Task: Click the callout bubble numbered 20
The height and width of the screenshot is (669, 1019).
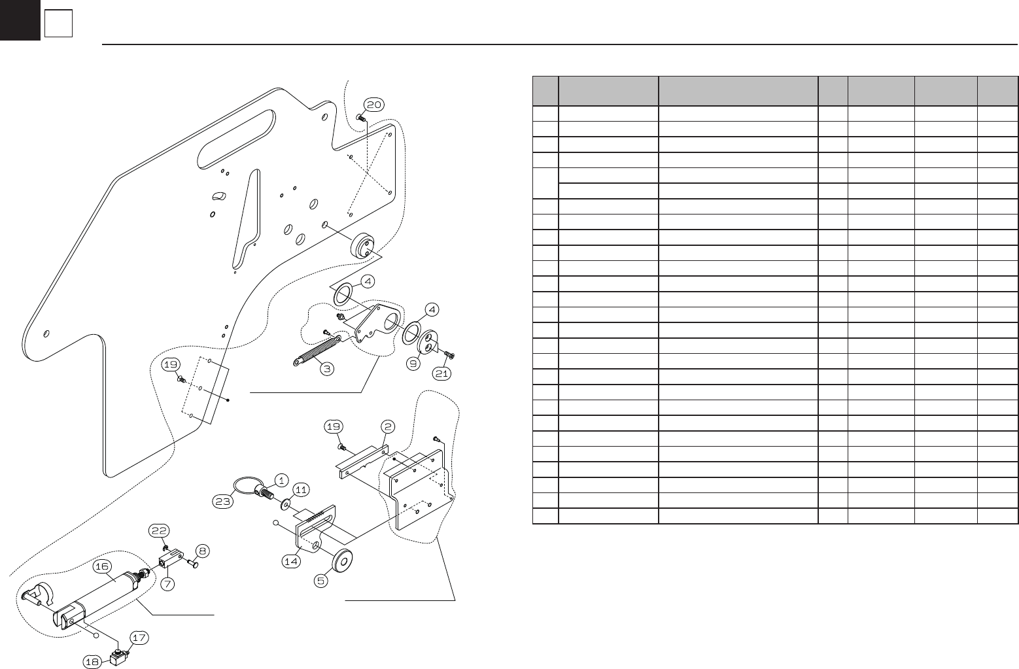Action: (374, 105)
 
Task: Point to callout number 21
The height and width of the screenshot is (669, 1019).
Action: (443, 373)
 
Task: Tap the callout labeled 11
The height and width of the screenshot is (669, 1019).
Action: (300, 489)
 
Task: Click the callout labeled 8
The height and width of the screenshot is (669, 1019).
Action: (202, 551)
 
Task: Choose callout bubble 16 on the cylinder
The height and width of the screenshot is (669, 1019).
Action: (106, 566)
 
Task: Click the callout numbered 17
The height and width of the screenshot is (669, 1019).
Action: (139, 637)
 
